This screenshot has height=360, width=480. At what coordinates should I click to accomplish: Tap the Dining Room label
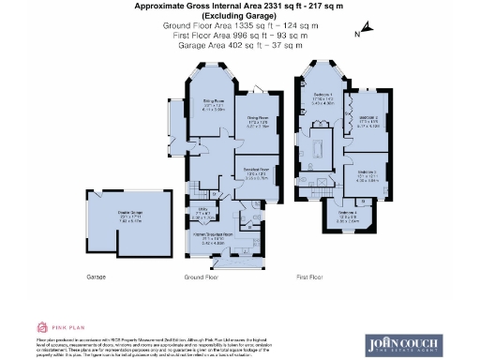pos(258,121)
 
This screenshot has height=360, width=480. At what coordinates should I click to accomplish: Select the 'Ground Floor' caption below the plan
pos(201,277)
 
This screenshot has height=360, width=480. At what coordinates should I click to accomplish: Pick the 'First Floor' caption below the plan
pos(309,277)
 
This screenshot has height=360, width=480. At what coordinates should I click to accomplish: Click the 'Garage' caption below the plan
pos(97,277)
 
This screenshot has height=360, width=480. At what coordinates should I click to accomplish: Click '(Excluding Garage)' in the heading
pos(239,16)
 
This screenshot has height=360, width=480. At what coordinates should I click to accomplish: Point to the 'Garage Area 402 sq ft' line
pos(239,47)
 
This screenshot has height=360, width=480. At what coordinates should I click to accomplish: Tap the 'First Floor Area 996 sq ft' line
pos(239,37)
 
